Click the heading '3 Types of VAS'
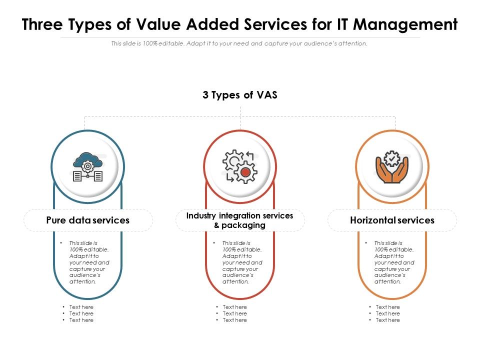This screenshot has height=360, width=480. click(240, 95)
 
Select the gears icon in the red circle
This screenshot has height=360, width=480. click(240, 166)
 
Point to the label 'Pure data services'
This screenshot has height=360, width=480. click(87, 220)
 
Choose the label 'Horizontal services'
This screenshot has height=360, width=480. click(392, 220)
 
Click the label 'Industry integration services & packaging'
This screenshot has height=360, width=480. click(240, 220)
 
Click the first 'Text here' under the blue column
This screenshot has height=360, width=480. click(81, 307)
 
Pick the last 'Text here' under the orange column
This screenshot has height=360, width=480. click(387, 320)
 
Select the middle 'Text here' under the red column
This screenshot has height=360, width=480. click(234, 313)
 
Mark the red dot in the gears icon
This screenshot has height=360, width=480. click(245, 172)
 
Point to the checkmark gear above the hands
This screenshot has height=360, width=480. click(392, 158)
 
